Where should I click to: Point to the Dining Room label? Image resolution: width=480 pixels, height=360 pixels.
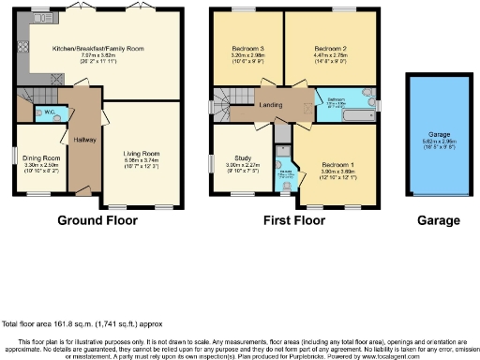click(41, 158)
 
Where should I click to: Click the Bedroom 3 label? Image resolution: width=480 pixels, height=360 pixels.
click(247, 48)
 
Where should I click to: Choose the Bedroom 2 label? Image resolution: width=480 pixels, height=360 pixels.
click(330, 48)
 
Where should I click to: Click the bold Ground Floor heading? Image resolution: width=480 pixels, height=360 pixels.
click(97, 221)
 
